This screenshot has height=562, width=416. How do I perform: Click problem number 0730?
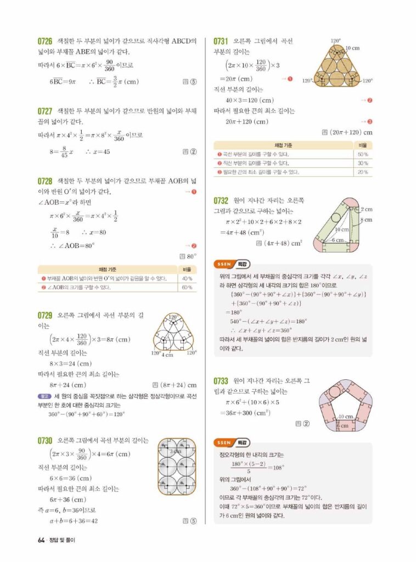(44, 440)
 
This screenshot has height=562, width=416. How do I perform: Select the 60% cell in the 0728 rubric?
(187, 287)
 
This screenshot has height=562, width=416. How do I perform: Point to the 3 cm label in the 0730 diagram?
(175, 451)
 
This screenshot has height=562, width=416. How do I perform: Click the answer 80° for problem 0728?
(192, 256)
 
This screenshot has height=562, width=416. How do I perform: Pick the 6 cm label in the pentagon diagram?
(342, 426)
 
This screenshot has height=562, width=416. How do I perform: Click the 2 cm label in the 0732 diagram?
(366, 209)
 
